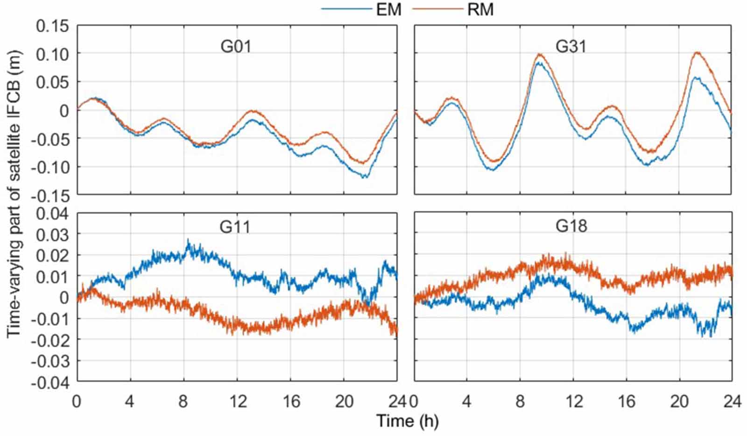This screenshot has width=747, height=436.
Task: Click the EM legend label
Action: point(388,9)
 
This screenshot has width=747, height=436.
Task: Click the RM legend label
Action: point(480,9)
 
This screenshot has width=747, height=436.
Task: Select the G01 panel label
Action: point(236,47)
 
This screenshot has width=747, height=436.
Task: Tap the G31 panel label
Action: point(571,47)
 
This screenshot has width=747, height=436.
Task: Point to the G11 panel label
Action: point(235,227)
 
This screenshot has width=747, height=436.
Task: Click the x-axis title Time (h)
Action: point(408,421)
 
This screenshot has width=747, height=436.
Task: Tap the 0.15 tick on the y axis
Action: point(52,26)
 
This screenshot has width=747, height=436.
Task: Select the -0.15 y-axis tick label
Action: point(49,195)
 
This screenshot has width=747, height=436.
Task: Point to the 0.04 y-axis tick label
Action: point(52,214)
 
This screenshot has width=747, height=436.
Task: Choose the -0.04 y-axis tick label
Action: point(49,382)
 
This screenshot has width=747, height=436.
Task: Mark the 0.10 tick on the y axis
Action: point(52,54)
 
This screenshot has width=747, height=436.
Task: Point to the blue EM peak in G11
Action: point(188,242)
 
